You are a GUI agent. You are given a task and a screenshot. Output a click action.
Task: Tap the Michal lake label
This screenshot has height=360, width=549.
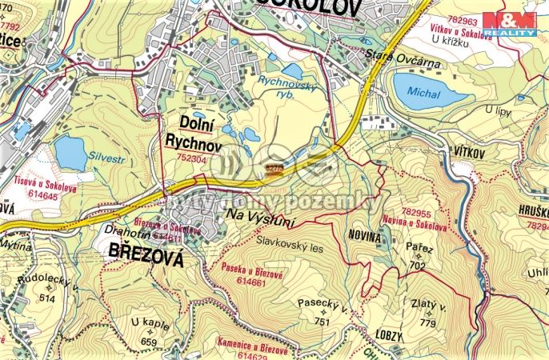point(423,93)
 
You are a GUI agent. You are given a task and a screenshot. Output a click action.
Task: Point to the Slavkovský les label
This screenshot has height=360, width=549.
point(290,247)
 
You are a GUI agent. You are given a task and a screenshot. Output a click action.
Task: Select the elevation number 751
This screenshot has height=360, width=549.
point(323,322)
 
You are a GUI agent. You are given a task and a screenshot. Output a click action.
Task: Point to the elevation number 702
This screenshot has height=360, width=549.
point(416,266)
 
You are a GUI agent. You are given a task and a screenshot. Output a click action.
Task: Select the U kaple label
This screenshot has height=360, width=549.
point(150,322)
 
